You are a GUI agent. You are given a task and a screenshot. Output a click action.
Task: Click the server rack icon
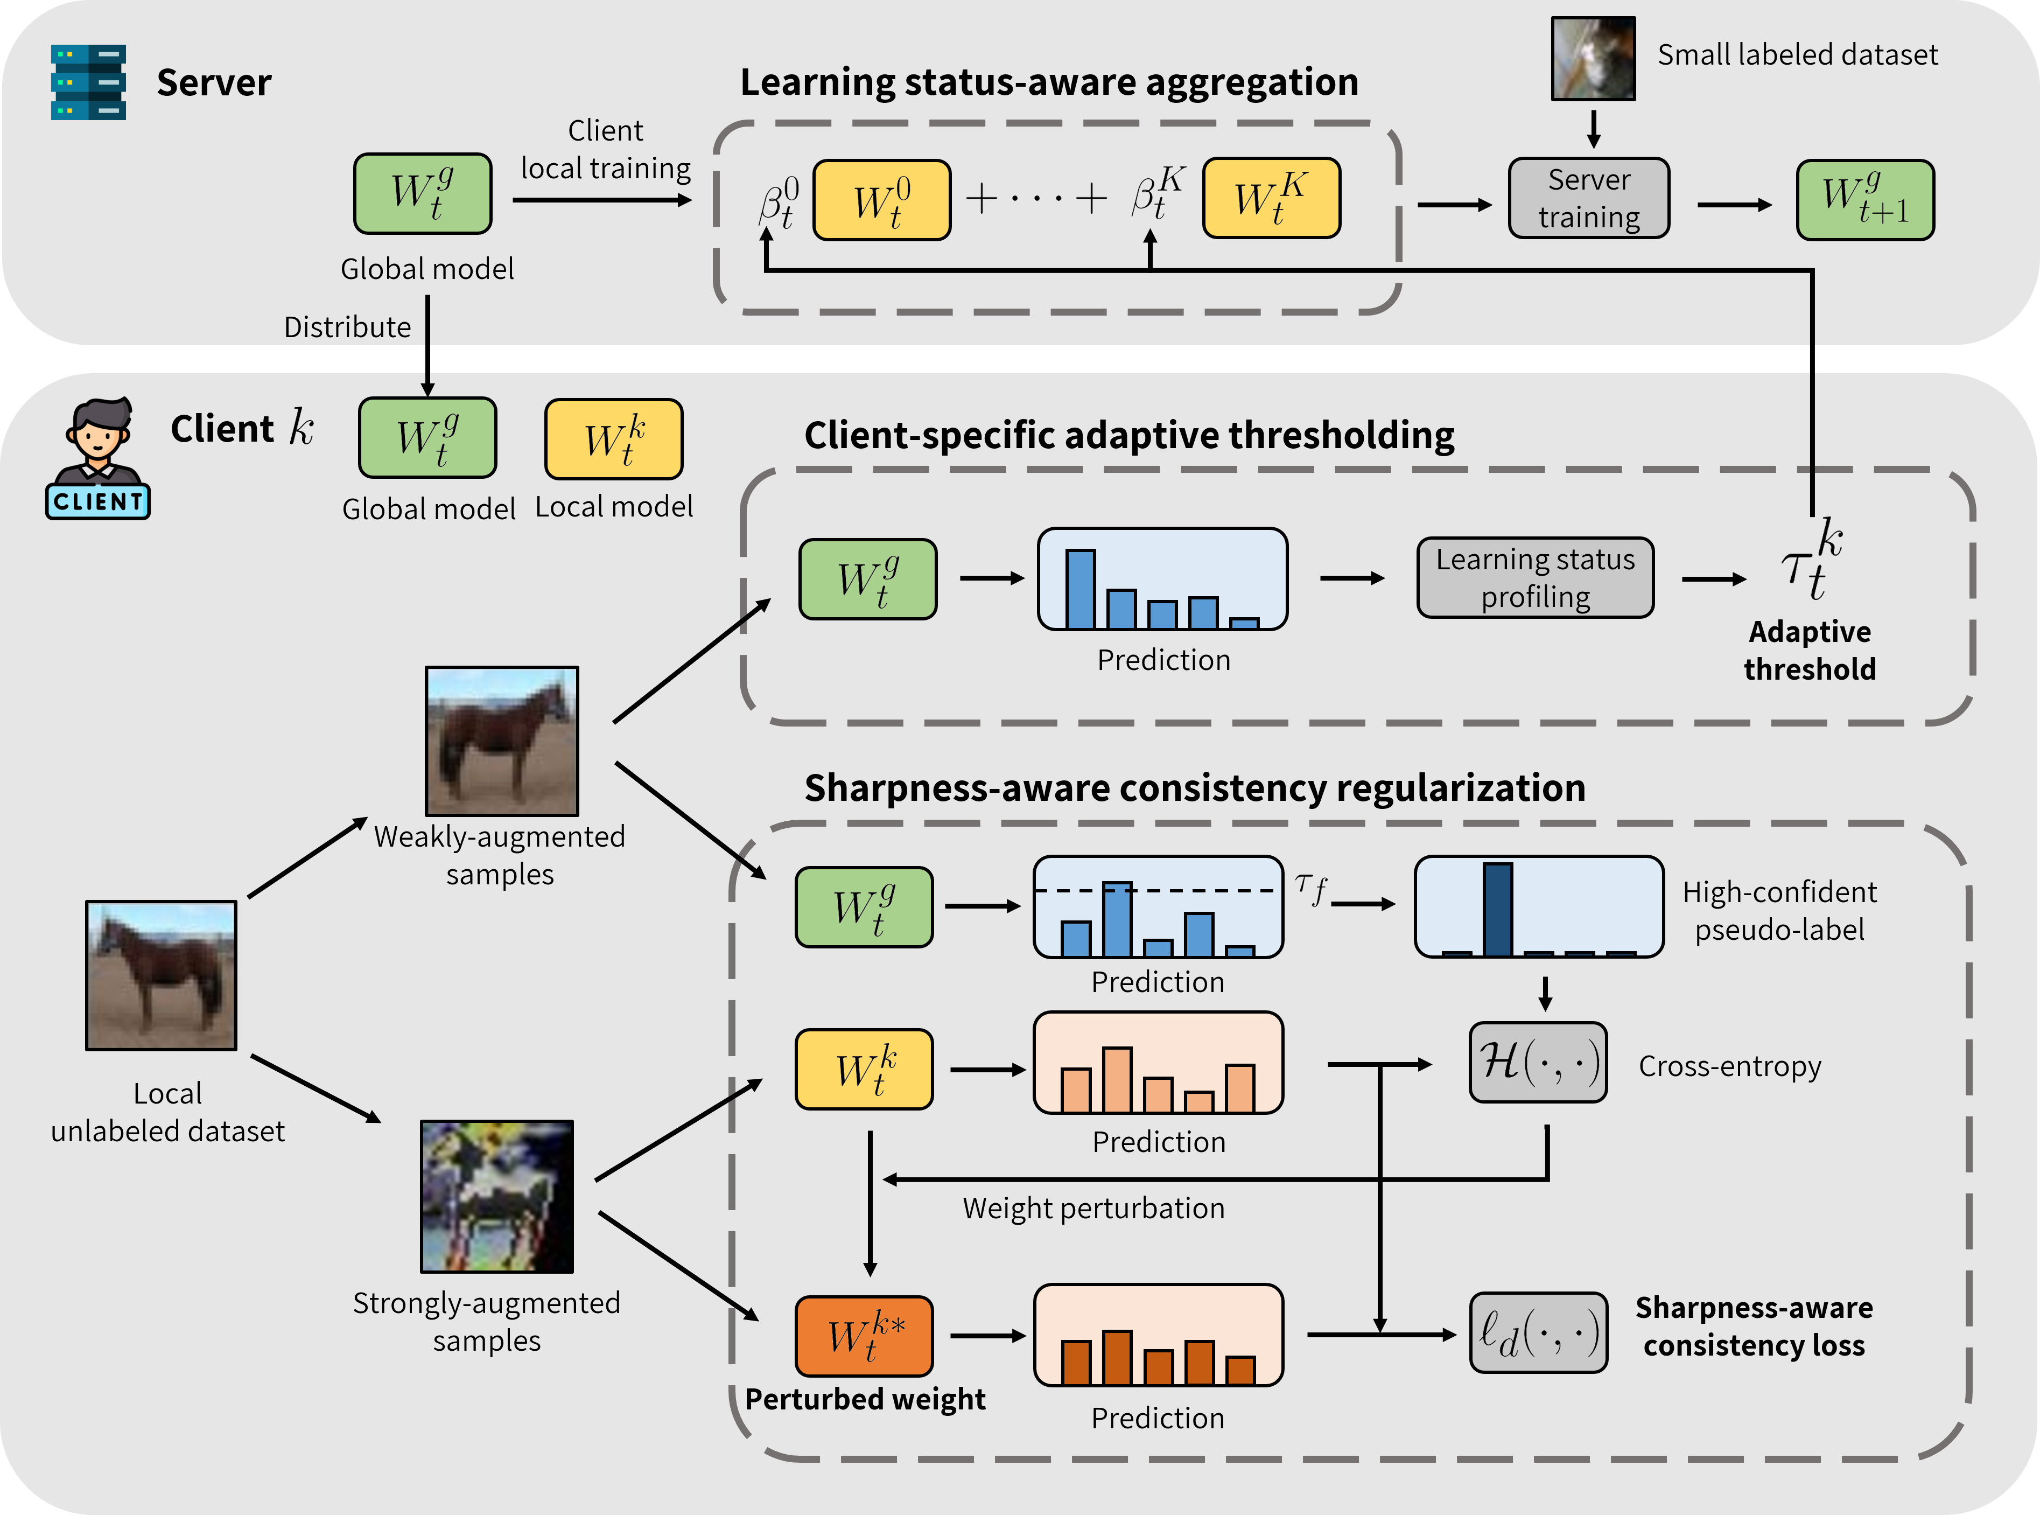(x=88, y=82)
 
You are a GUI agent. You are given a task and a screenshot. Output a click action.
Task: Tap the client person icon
(x=97, y=458)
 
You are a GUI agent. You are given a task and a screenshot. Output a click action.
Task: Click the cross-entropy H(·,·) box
(x=1538, y=1062)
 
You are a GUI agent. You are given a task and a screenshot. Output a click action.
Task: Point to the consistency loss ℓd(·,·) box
(x=1538, y=1332)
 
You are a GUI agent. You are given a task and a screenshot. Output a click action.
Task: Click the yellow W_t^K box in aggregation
(x=1271, y=198)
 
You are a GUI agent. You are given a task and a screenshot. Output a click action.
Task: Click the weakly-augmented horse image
(x=501, y=741)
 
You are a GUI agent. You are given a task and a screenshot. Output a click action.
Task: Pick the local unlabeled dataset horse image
(x=162, y=975)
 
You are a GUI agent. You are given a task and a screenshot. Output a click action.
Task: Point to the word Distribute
(x=347, y=327)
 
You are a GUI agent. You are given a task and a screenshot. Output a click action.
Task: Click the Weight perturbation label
(x=1093, y=1208)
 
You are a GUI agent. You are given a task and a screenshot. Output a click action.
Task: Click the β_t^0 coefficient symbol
(x=779, y=202)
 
